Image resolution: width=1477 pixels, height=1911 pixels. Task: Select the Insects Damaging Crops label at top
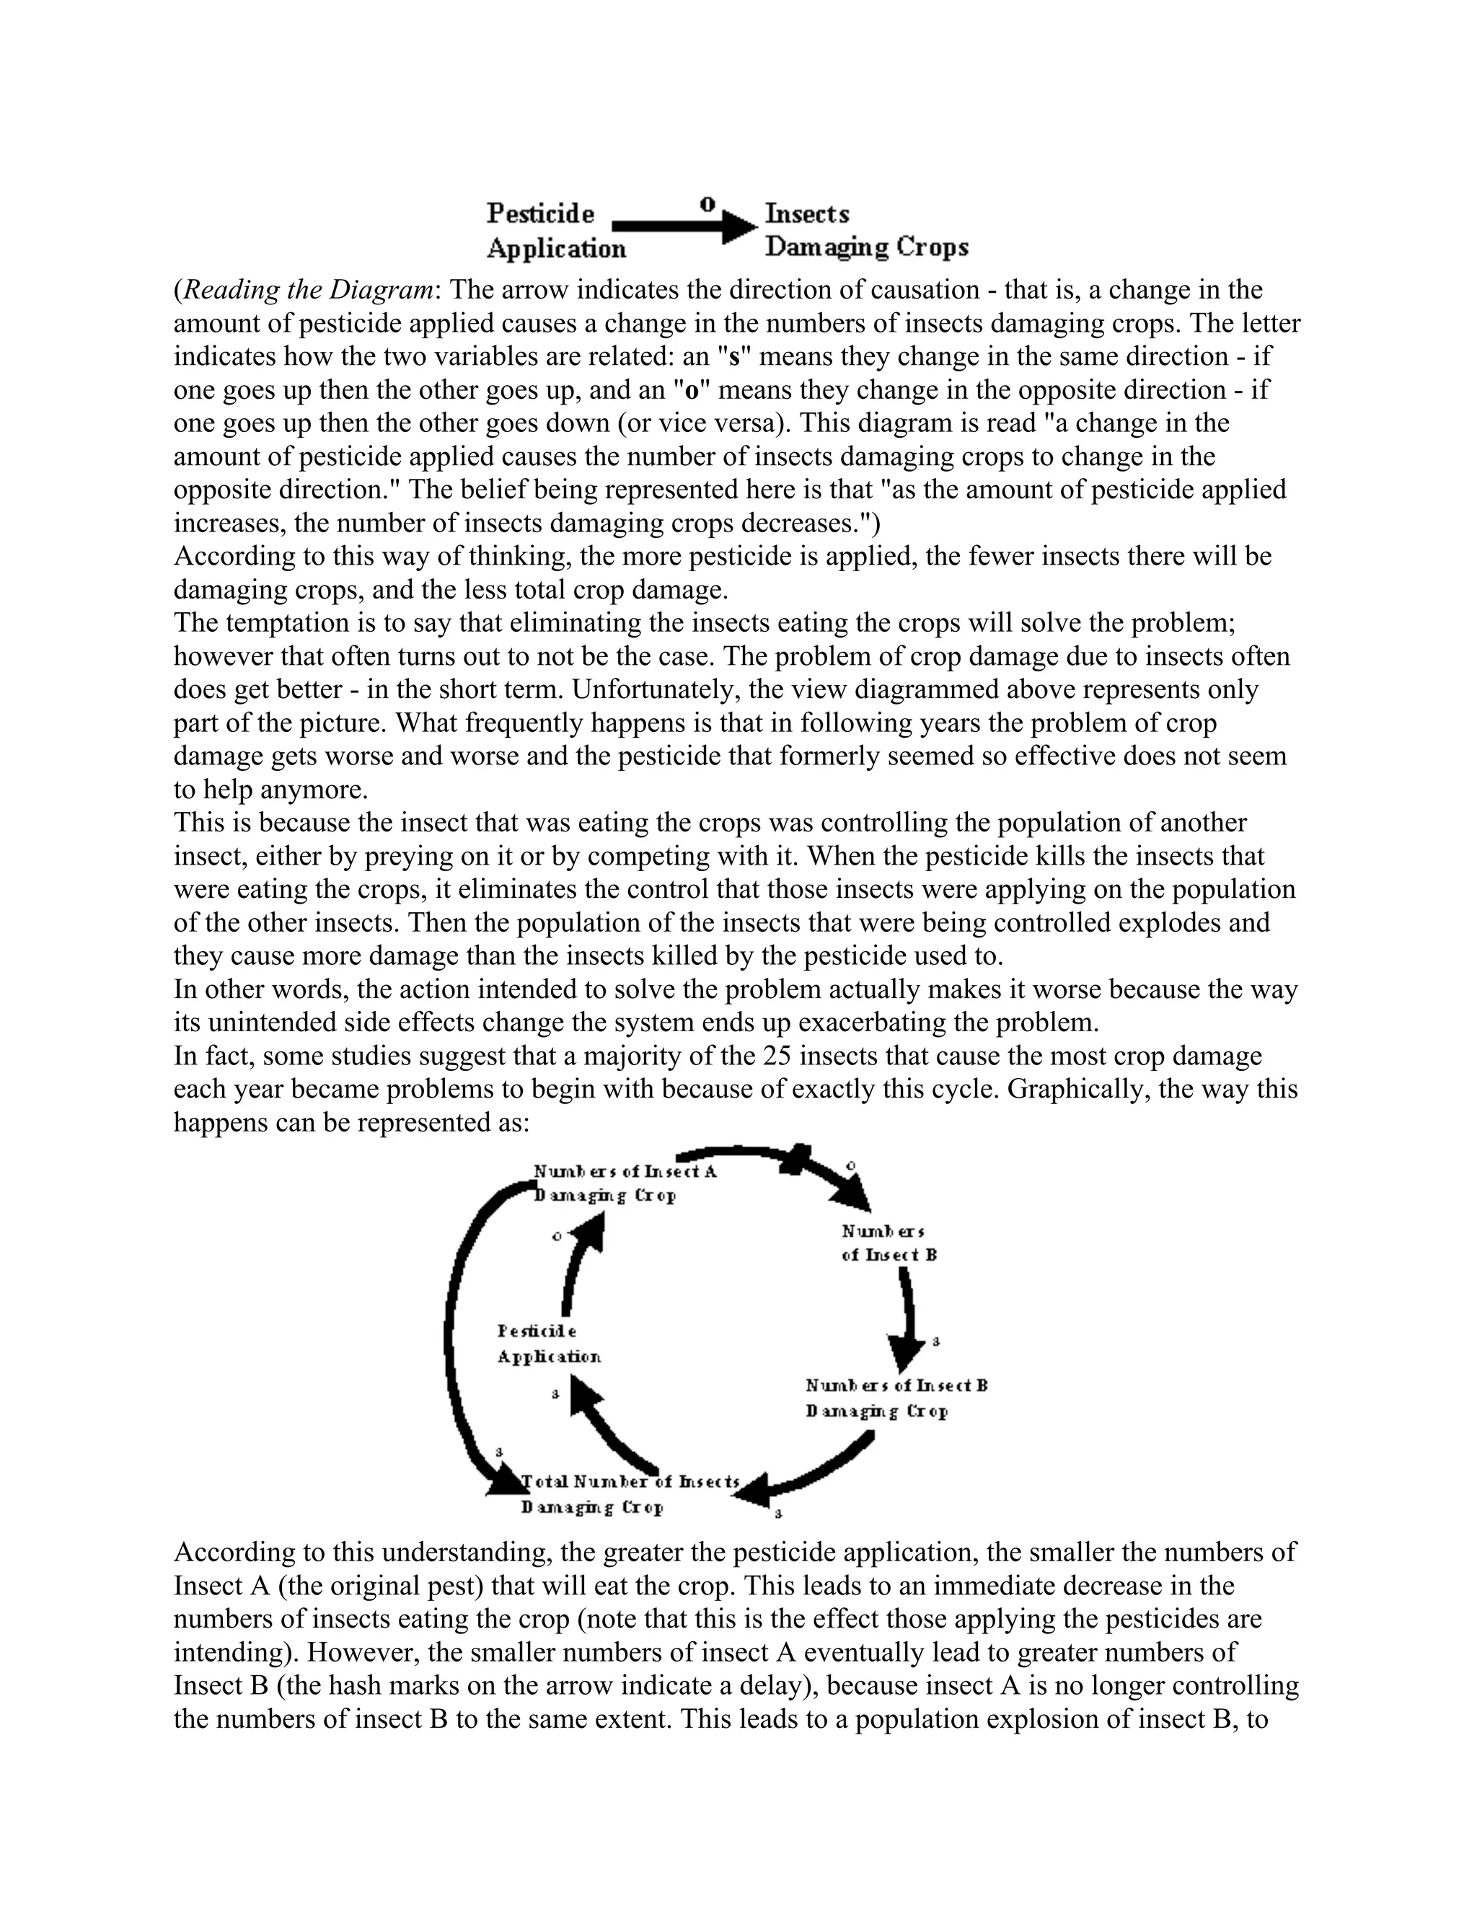(x=866, y=230)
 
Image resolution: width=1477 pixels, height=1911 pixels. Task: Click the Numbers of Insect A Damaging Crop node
(x=624, y=1183)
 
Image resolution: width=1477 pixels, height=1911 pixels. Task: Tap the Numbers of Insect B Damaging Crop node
(x=896, y=1398)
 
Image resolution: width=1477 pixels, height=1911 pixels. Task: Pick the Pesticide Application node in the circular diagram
(x=549, y=1343)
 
